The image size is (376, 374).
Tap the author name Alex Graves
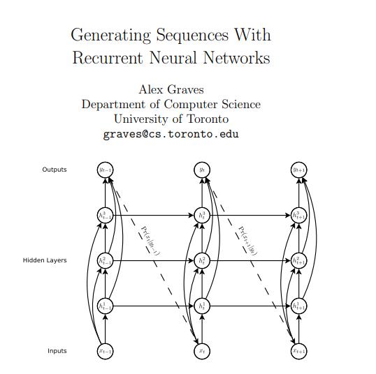point(171,89)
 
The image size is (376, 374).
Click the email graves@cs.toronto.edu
point(171,134)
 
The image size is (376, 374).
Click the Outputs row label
point(55,170)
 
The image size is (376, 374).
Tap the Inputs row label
point(57,351)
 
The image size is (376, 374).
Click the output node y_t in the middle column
point(202,170)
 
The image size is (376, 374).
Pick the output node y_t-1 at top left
point(105,170)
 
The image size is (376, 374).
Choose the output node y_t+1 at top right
point(299,170)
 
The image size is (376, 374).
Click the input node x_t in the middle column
point(202,351)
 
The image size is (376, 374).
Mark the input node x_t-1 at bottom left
point(105,351)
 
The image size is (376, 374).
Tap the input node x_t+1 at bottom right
point(299,351)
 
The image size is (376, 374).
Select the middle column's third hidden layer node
point(202,215)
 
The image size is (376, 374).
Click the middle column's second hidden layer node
point(202,260)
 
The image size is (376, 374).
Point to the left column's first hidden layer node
point(105,306)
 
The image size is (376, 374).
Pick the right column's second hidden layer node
point(299,260)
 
